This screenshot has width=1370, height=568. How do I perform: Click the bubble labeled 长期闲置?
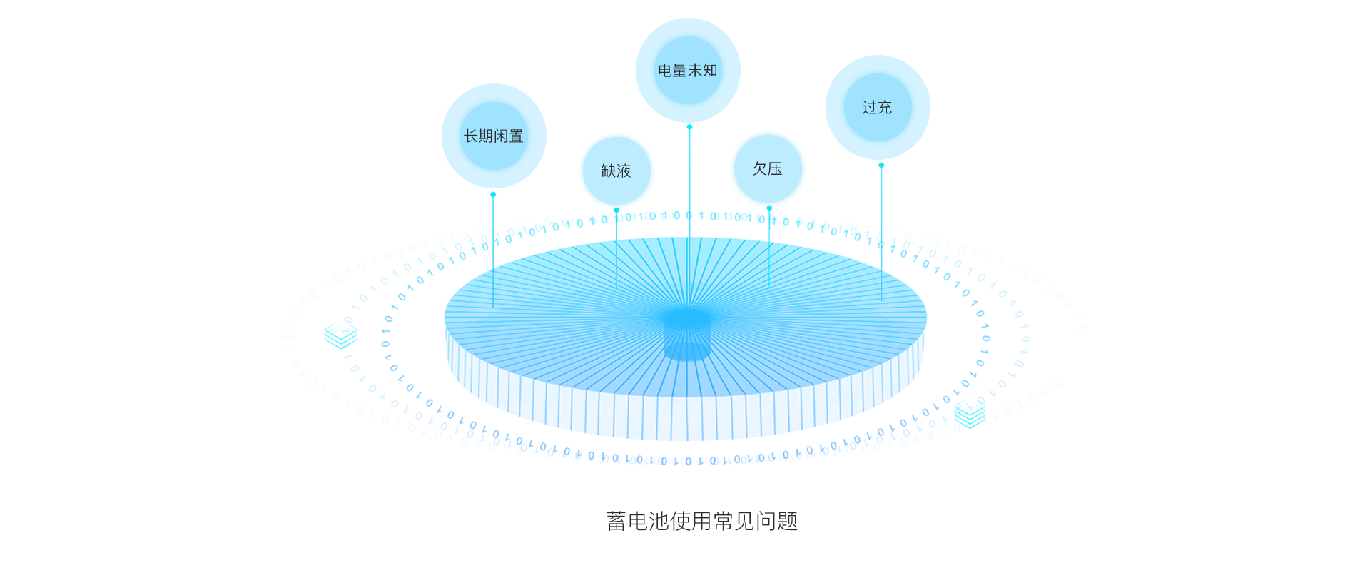pyautogui.click(x=494, y=136)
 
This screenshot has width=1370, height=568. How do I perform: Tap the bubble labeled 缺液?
pyautogui.click(x=616, y=171)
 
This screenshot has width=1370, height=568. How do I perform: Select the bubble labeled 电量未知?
pyautogui.click(x=688, y=70)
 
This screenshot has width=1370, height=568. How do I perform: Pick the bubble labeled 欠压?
pyautogui.click(x=768, y=168)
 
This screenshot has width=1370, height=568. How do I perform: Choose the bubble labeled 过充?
pyautogui.click(x=878, y=107)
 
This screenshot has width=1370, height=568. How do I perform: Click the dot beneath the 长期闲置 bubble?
pyautogui.click(x=493, y=194)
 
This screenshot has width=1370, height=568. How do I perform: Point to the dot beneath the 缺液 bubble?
pyautogui.click(x=616, y=210)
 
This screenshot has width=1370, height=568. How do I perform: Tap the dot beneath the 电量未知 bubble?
pyautogui.click(x=689, y=127)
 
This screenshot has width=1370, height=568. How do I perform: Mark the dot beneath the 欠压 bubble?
pyautogui.click(x=769, y=208)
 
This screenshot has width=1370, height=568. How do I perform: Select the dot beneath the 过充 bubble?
pyautogui.click(x=881, y=165)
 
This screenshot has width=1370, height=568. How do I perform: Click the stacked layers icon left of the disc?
pyautogui.click(x=340, y=334)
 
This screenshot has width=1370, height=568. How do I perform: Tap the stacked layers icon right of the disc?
pyautogui.click(x=970, y=414)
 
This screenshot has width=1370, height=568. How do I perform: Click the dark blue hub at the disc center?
pyautogui.click(x=687, y=320)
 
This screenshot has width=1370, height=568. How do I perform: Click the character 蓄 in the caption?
pyautogui.click(x=616, y=522)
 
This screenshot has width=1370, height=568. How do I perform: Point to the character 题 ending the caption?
pyautogui.click(x=788, y=522)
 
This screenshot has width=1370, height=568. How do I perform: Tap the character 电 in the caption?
pyautogui.click(x=638, y=522)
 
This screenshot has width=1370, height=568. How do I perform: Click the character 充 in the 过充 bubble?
pyautogui.click(x=886, y=107)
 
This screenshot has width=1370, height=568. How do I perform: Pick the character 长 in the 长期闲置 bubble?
pyautogui.click(x=471, y=136)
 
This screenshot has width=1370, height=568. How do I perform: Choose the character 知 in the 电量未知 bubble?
pyautogui.click(x=710, y=70)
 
